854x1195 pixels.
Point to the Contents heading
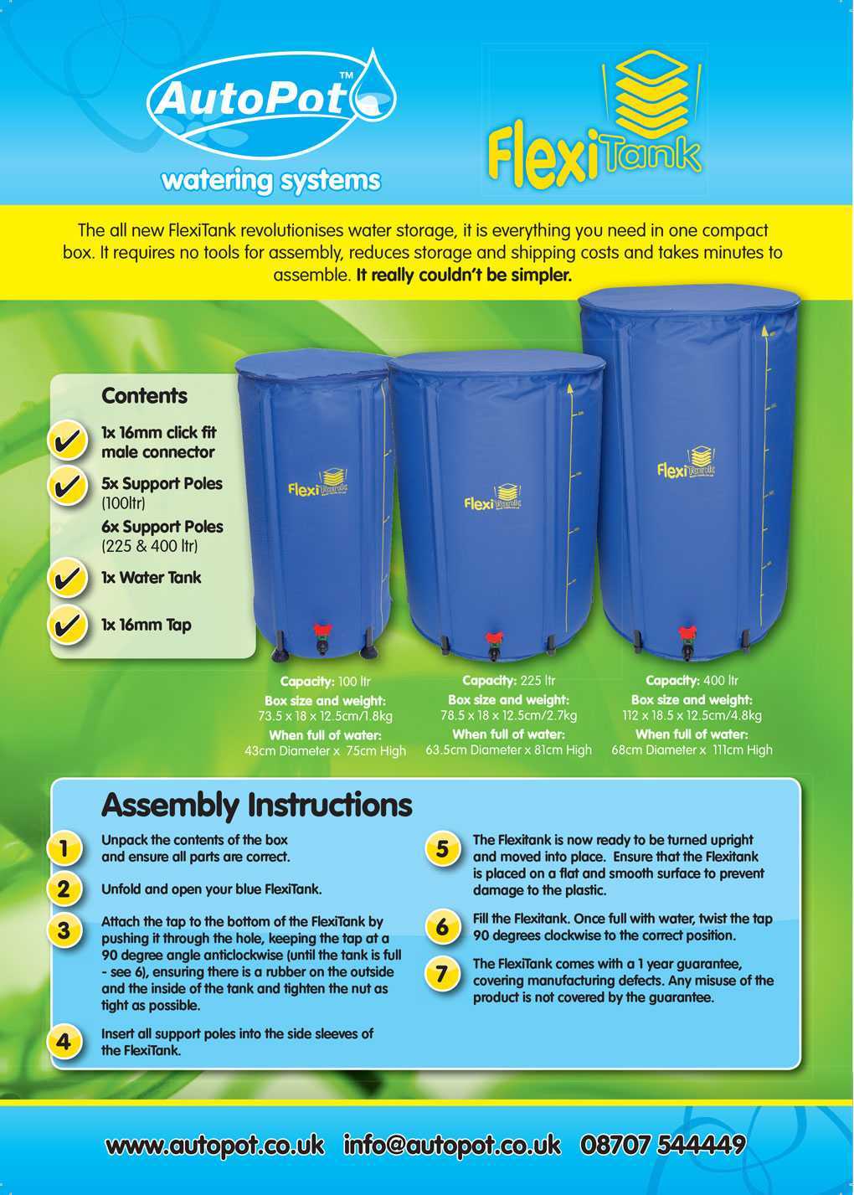pyautogui.click(x=144, y=395)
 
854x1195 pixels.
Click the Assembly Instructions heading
pyautogui.click(x=256, y=805)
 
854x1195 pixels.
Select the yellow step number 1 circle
pyautogui.click(x=64, y=847)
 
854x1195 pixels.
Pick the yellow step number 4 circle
pyautogui.click(x=64, y=1042)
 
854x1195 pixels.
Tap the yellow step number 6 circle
pyautogui.click(x=442, y=927)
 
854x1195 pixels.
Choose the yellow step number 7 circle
pyautogui.click(x=442, y=973)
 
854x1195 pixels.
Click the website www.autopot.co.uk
pyautogui.click(x=214, y=1145)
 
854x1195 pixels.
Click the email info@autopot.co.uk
pyautogui.click(x=452, y=1145)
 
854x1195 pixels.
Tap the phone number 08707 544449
pyautogui.click(x=662, y=1144)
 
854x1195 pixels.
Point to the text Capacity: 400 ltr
pyautogui.click(x=692, y=681)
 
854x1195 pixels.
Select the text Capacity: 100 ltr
pyautogui.click(x=325, y=682)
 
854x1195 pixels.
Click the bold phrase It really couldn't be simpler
pyautogui.click(x=464, y=275)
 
